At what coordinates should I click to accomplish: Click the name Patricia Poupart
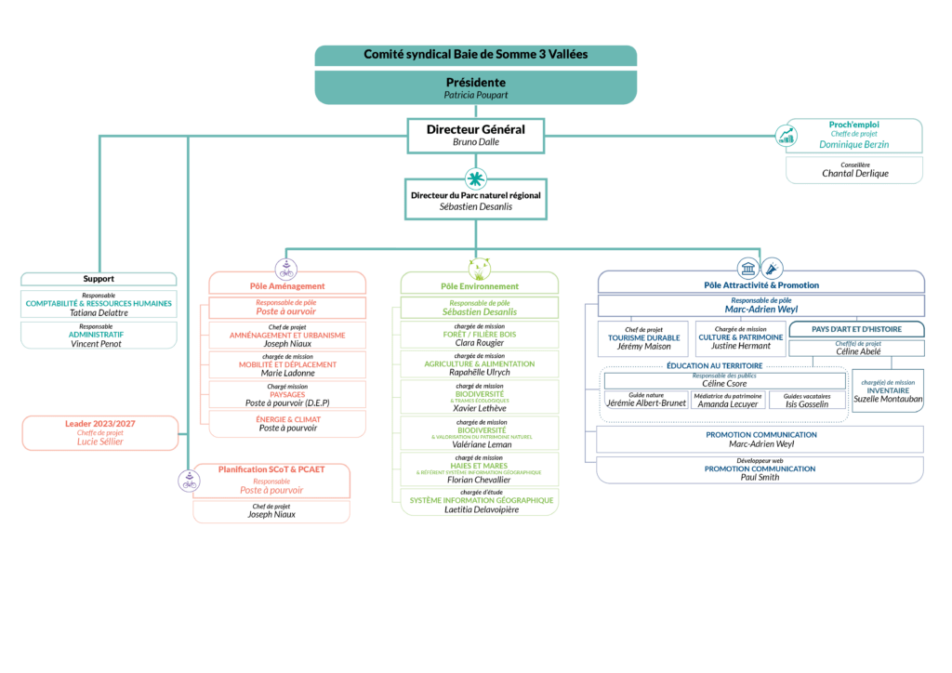(476, 95)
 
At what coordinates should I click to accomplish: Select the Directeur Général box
(476, 135)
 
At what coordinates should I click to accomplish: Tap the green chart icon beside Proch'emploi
(787, 136)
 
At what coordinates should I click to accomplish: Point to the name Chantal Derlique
(854, 174)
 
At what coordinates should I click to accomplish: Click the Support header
(99, 279)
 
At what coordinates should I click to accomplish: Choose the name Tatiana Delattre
(99, 313)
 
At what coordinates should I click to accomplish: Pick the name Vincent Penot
(99, 344)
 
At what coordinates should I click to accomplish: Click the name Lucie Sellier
(99, 442)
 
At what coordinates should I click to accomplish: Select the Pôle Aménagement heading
(287, 285)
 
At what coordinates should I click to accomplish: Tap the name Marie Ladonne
(287, 373)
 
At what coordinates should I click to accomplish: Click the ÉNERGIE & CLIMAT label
(287, 418)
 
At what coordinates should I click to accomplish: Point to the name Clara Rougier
(480, 343)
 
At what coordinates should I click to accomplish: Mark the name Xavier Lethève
(480, 408)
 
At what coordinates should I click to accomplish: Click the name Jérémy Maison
(643, 346)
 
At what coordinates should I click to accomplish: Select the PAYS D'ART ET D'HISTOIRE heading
(856, 329)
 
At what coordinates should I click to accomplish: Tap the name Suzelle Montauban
(889, 399)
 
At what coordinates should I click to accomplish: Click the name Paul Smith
(760, 477)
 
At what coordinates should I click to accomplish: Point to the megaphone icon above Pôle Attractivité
(773, 269)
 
